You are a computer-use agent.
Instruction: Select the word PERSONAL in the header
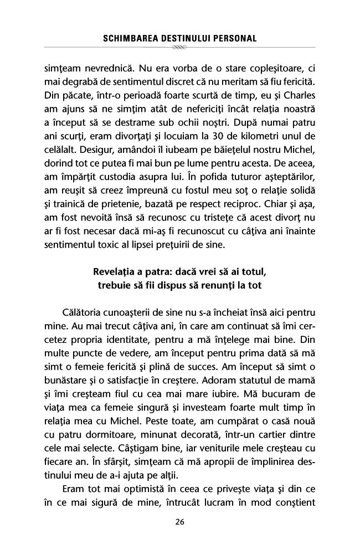pos(237,39)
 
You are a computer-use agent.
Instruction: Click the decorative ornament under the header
pos(180,48)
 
